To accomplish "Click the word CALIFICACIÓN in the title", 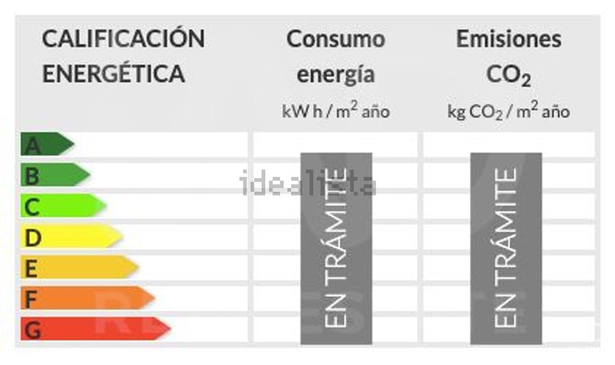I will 123,39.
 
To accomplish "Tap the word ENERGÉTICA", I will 114,74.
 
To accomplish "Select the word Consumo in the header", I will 336,39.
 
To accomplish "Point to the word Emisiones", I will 509,39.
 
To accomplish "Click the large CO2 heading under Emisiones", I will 508,75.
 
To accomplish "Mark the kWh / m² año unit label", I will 336,111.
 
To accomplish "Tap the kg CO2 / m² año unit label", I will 508,111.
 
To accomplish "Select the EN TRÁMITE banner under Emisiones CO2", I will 506,248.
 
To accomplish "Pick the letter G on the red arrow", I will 32,330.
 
